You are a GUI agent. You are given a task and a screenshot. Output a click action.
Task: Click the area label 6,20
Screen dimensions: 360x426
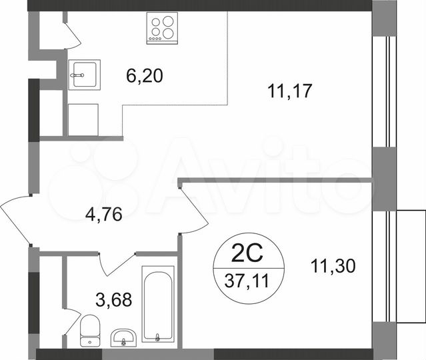tap(145, 76)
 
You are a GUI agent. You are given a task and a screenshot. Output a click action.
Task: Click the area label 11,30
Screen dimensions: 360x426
tap(333, 266)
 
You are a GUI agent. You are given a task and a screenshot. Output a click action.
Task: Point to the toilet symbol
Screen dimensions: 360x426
tap(89, 331)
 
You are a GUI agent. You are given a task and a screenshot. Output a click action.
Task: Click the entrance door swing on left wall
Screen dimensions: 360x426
tap(17, 220)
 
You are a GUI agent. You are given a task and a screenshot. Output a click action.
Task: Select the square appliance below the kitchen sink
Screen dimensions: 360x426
tap(83, 120)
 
